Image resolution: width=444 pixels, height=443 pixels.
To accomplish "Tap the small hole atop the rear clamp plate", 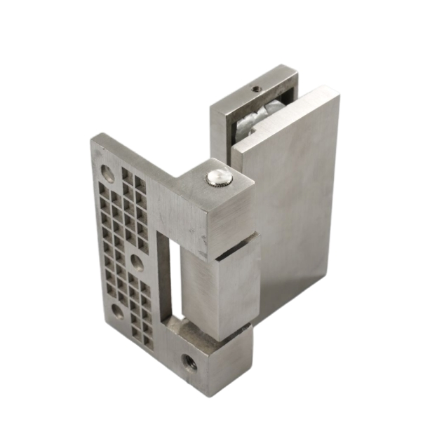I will pos(256,89).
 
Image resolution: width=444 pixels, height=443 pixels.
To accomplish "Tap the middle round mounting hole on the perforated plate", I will pos(137,263).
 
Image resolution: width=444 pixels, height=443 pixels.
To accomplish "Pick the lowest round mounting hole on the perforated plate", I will pos(117,312).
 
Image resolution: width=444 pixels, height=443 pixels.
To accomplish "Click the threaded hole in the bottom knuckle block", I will pos(189,362).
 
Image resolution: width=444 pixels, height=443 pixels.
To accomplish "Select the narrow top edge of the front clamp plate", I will pos(284,119).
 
